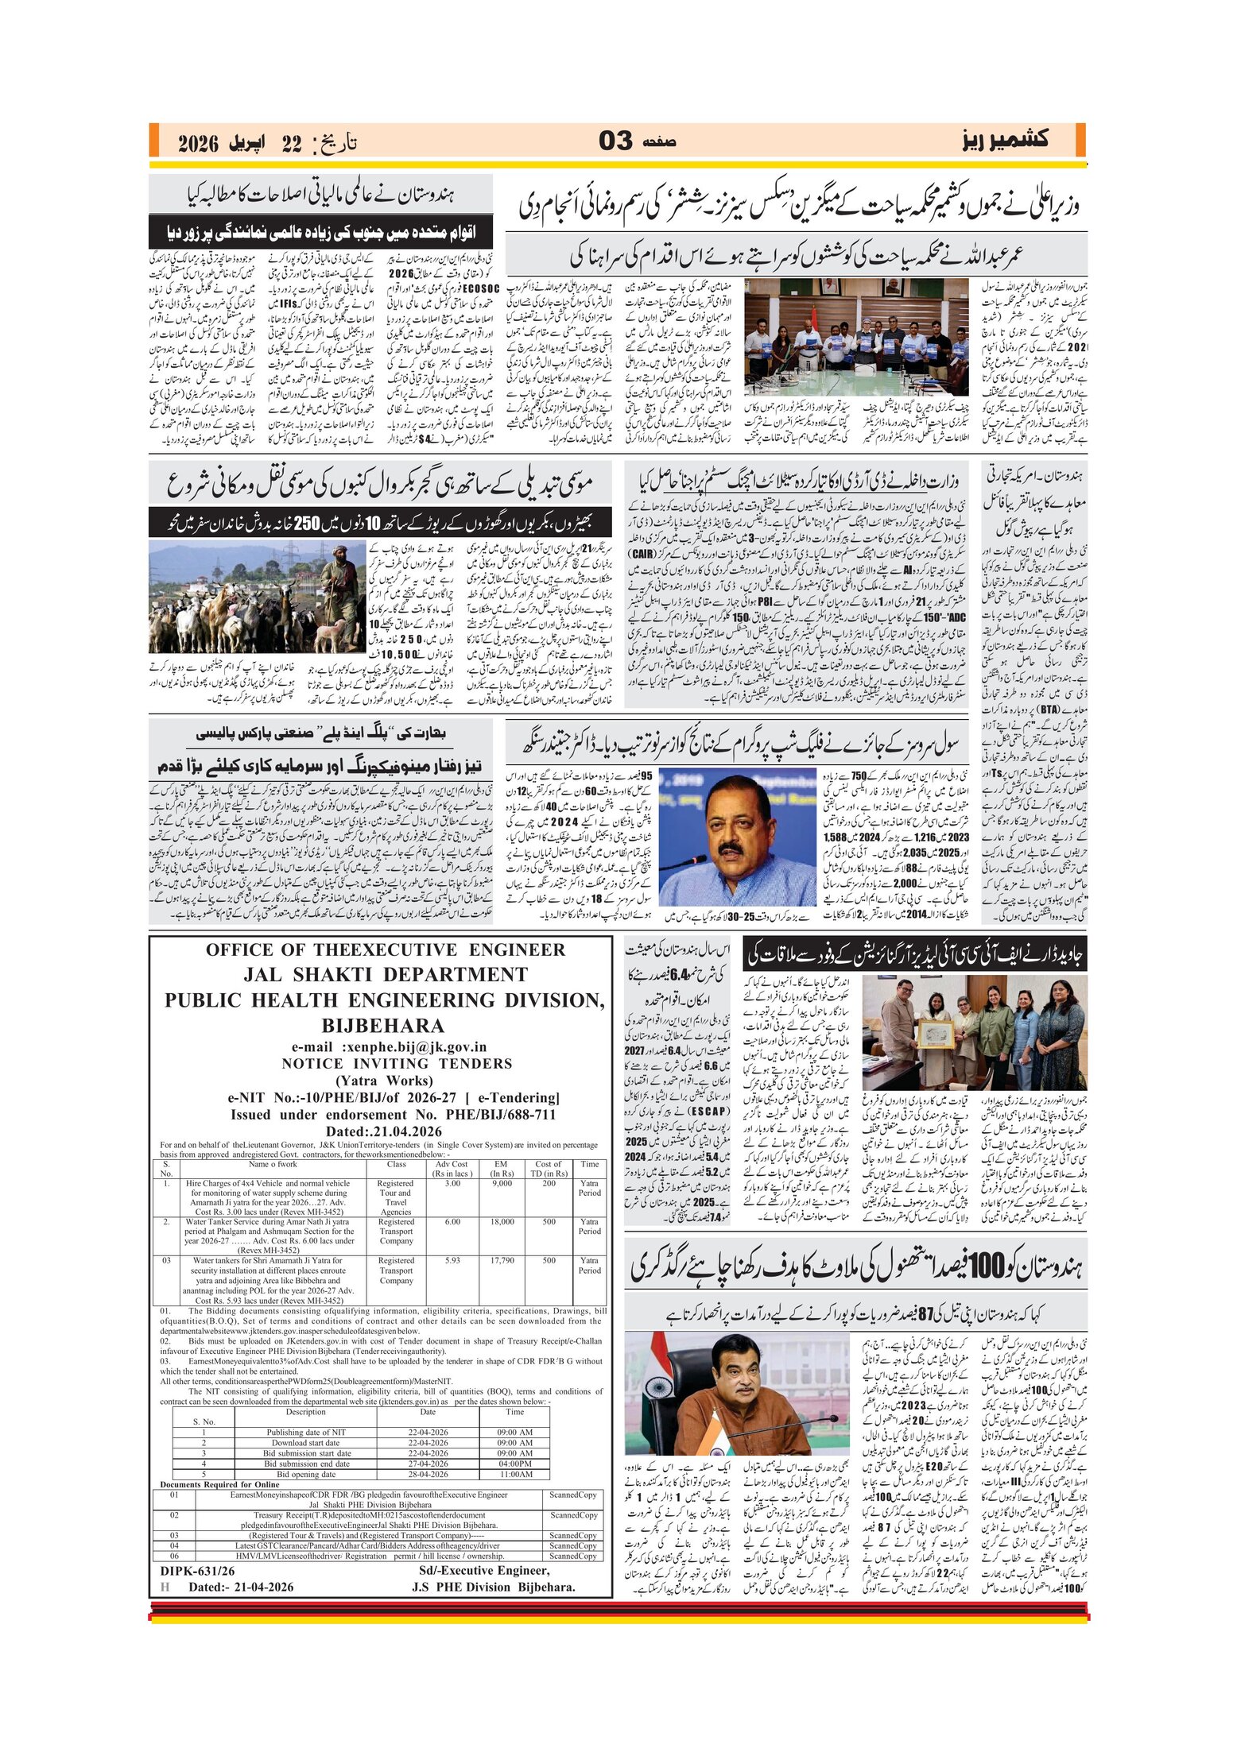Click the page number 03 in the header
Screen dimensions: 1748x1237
[x=615, y=141]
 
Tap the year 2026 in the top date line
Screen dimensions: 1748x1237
[x=198, y=144]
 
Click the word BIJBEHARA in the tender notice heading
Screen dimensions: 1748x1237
[x=383, y=1025]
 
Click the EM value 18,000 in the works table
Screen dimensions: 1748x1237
[x=502, y=1222]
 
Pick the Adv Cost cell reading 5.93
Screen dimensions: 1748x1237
[x=452, y=1260]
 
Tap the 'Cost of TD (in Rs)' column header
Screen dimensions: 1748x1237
[x=549, y=1168]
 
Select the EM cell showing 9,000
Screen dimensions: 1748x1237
[x=502, y=1183]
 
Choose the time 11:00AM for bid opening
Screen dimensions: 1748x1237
[x=515, y=1474]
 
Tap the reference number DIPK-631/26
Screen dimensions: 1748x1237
[x=197, y=1571]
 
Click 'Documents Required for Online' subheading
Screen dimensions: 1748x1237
[x=219, y=1484]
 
